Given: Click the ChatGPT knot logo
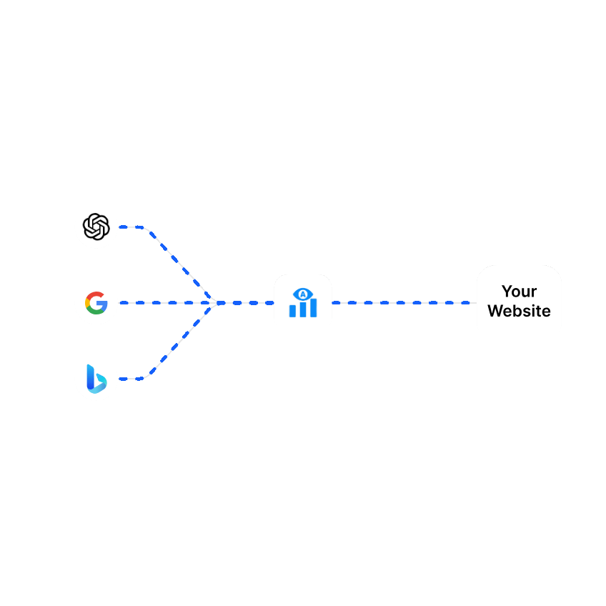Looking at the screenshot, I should click(96, 227).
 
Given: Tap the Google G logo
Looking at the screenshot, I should click(96, 303).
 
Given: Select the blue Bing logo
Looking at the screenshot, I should click(96, 379).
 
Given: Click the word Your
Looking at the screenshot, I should click(519, 292).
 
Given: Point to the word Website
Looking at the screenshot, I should click(519, 312).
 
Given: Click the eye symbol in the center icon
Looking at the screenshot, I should click(303, 294).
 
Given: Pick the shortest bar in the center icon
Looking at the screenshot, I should click(292, 312).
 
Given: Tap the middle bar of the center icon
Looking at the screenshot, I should click(303, 309).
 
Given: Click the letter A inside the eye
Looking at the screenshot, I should click(303, 294).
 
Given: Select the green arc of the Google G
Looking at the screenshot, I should click(95, 312).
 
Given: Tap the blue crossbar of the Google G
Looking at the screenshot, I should click(102, 303).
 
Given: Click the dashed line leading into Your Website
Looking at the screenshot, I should click(404, 303).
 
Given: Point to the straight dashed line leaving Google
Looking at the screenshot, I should click(164, 303).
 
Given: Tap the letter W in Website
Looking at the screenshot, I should click(495, 312).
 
